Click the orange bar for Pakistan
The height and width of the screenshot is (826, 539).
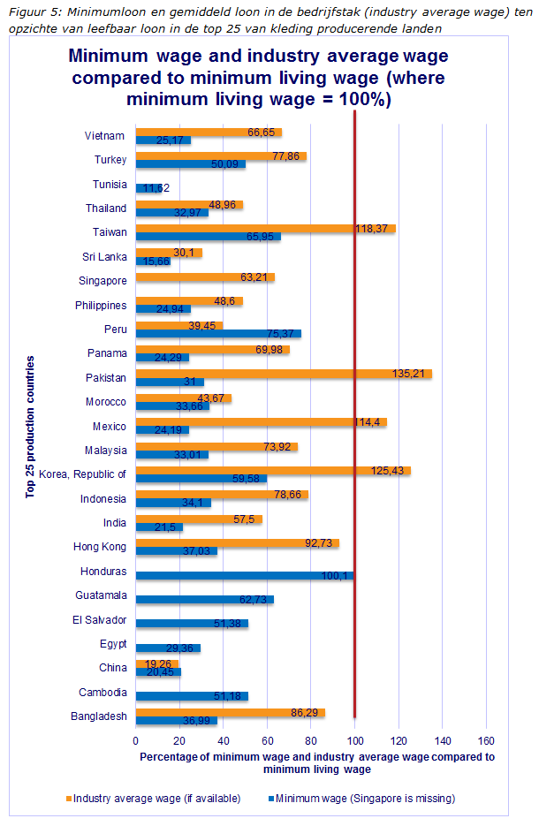(x=283, y=374)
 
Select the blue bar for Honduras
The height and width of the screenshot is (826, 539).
(x=245, y=576)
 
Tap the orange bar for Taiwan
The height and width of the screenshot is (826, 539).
(x=265, y=228)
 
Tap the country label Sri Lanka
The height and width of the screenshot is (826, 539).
(x=104, y=257)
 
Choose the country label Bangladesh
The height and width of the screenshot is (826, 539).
(x=99, y=716)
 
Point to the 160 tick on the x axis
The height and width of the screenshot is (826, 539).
(x=486, y=739)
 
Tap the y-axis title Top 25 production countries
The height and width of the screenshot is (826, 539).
(x=32, y=427)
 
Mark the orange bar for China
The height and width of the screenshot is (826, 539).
(x=157, y=663)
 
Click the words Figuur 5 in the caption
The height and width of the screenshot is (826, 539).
(x=30, y=11)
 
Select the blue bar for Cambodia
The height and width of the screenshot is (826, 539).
(x=192, y=696)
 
